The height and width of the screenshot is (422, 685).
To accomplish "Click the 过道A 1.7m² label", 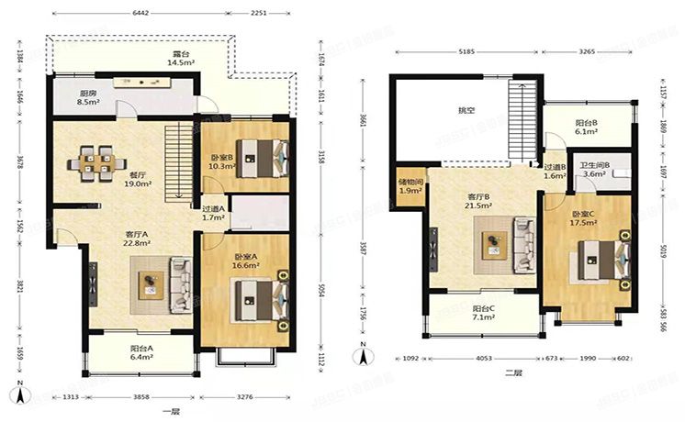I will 214,213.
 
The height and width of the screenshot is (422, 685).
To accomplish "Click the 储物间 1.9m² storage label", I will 410,186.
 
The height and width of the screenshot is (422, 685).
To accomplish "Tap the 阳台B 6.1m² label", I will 587,127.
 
